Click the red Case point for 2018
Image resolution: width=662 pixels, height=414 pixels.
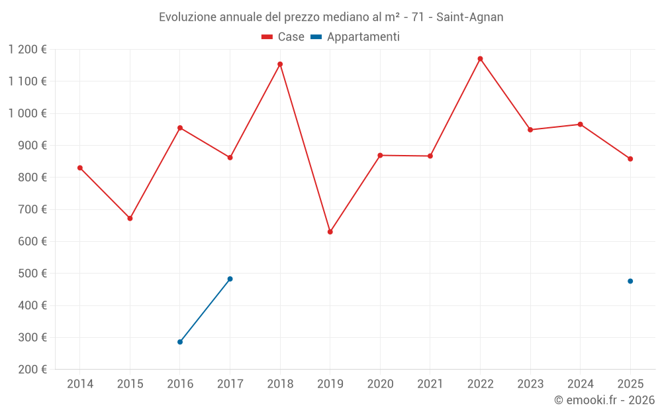[x=280, y=64]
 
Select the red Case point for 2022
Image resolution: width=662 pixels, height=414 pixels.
[x=480, y=59]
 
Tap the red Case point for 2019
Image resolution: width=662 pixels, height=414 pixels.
[x=330, y=232]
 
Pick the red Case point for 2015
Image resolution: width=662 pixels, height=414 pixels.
[x=130, y=218]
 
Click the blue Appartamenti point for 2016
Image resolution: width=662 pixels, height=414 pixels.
[x=180, y=342]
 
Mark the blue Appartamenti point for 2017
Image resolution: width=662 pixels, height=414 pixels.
[x=230, y=279]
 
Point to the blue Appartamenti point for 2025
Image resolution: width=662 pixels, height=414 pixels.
[x=630, y=281]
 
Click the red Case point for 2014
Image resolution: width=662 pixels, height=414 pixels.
[x=80, y=168]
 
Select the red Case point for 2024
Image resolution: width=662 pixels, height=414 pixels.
[x=581, y=124]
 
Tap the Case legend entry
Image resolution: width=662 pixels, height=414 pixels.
[x=283, y=37]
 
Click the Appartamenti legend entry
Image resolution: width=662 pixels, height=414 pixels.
[x=355, y=37]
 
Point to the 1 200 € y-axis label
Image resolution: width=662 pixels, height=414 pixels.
[x=28, y=50]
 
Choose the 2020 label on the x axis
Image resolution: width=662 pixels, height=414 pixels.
[x=380, y=384]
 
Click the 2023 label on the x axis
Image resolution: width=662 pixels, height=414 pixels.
[x=530, y=384]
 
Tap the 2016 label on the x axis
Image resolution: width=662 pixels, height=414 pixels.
[x=180, y=384]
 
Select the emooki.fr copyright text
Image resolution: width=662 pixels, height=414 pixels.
[x=604, y=400]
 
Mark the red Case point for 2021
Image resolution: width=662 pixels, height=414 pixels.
[x=430, y=156]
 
